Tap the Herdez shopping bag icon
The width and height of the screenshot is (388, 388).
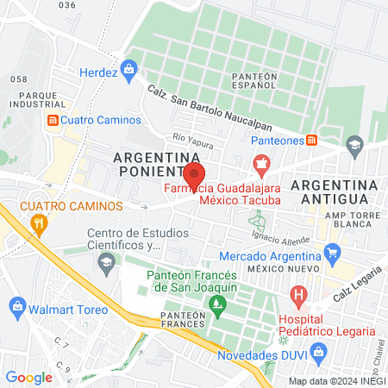click(x=129, y=67)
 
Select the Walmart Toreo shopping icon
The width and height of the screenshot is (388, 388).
click(x=17, y=306)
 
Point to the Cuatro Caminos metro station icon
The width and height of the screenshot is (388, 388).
click(x=53, y=120)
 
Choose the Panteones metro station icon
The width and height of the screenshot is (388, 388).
click(x=311, y=140)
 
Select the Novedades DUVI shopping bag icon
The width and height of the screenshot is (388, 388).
click(x=318, y=352)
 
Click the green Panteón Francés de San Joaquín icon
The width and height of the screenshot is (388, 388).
click(x=216, y=304)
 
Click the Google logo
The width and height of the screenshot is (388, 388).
click(x=28, y=377)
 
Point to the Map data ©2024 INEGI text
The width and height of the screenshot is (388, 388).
click(x=335, y=381)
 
